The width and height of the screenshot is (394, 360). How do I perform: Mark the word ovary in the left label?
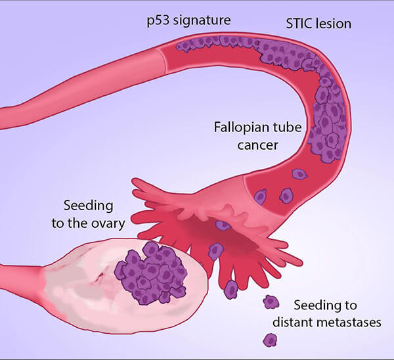point(109,223)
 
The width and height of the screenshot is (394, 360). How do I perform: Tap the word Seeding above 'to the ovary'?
point(87,206)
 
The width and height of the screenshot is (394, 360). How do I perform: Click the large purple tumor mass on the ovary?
point(150,271)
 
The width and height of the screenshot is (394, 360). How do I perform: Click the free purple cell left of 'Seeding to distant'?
point(270,303)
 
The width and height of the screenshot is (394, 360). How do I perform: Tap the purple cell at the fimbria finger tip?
point(230,288)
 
